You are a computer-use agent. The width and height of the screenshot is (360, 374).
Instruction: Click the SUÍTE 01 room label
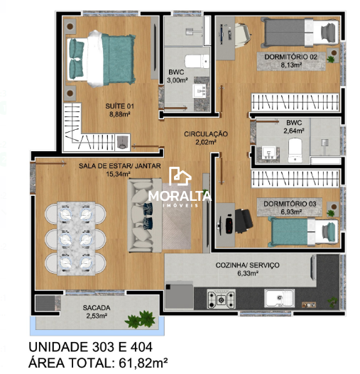(x=119, y=106)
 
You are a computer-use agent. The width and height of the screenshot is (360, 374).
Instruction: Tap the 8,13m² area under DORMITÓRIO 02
(x=291, y=65)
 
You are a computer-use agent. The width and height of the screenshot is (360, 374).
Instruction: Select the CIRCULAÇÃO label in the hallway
(x=206, y=134)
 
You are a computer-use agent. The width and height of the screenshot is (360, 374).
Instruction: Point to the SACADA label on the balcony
(x=97, y=308)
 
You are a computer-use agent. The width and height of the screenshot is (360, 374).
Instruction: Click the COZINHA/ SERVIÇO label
(x=247, y=265)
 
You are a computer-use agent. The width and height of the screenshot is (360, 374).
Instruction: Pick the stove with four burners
(x=221, y=299)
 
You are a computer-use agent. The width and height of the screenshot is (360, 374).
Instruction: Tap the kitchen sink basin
(x=279, y=298)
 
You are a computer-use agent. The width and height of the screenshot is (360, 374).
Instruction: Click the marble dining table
(x=77, y=238)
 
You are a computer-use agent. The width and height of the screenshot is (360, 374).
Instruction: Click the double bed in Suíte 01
(x=101, y=59)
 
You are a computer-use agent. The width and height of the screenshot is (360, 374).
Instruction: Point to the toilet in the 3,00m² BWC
(x=197, y=62)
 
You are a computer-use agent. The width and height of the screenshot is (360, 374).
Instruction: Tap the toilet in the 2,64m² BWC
(x=295, y=150)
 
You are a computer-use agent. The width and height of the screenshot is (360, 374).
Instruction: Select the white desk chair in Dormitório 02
(x=243, y=35)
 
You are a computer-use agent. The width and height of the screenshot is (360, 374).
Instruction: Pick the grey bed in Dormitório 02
(x=300, y=33)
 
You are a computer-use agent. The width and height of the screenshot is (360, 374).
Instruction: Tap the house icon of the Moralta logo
(x=180, y=177)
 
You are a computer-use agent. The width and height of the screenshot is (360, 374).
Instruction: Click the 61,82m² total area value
(x=143, y=363)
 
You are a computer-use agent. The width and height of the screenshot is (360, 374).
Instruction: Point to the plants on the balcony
(x=141, y=319)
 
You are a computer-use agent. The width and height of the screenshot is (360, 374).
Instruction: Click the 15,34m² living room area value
(x=118, y=174)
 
